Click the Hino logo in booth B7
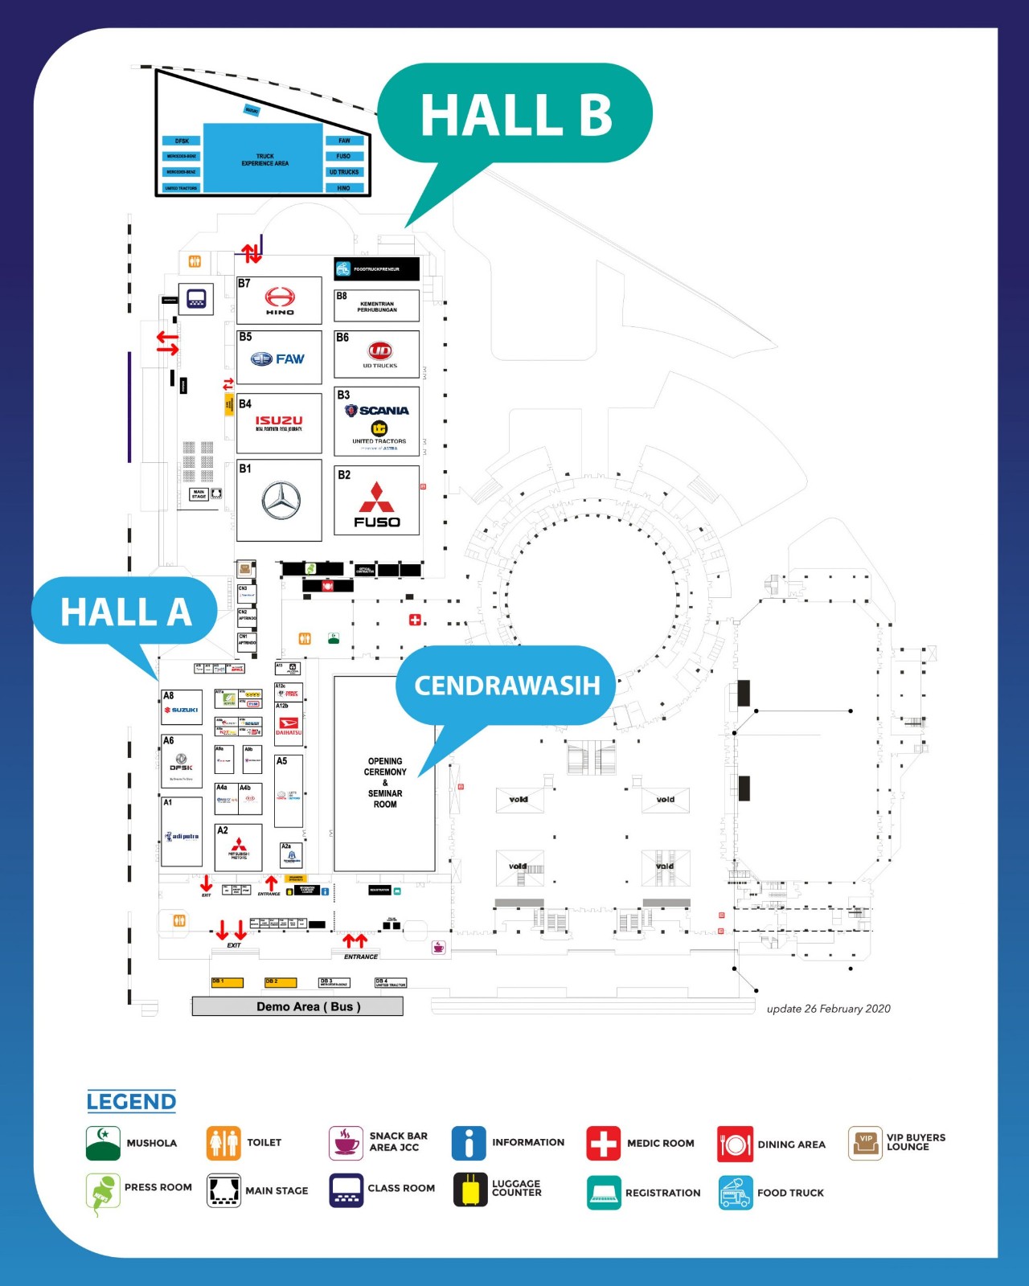click(280, 299)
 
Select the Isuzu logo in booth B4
click(279, 420)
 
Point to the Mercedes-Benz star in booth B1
click(281, 502)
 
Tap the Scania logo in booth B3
click(378, 411)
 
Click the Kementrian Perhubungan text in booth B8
click(377, 307)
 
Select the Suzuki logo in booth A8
click(182, 710)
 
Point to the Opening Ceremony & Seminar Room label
click(385, 782)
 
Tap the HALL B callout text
click(516, 115)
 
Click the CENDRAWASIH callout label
click(507, 686)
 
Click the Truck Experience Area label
click(264, 159)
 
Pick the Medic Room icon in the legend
click(603, 1143)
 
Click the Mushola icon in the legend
click(103, 1143)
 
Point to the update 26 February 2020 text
click(828, 1009)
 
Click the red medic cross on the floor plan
click(415, 620)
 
